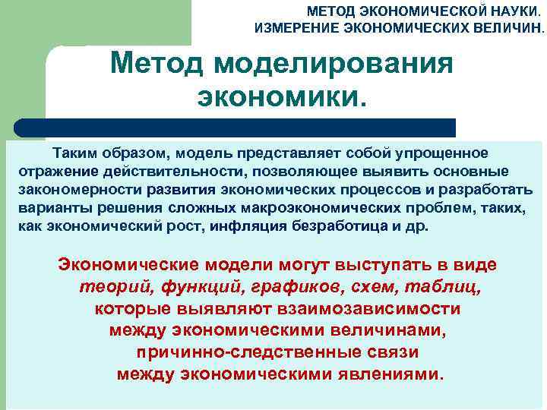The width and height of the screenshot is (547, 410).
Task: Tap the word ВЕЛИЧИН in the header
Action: [x=514, y=28]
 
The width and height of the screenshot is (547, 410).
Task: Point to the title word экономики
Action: [x=281, y=96]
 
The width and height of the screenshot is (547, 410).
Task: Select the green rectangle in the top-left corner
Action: [x=95, y=23]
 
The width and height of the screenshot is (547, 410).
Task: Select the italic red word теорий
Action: [x=109, y=288]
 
